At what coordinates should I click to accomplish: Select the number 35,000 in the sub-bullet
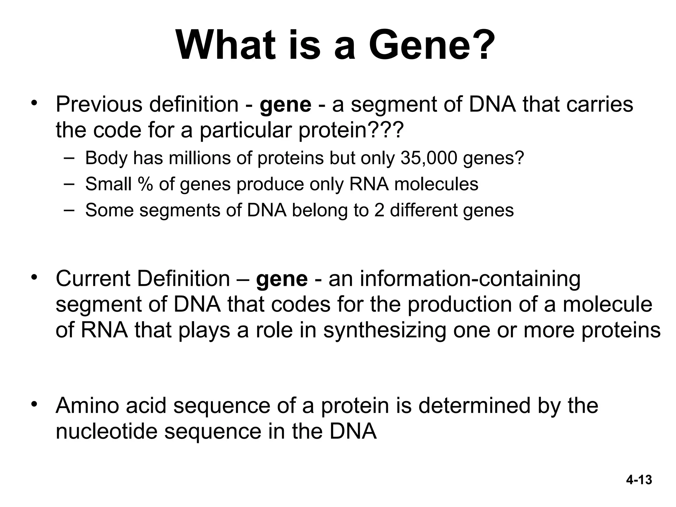pyautogui.click(x=429, y=158)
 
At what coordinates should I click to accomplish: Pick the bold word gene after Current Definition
pyautogui.click(x=282, y=279)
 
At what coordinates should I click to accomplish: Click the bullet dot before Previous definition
pyautogui.click(x=33, y=103)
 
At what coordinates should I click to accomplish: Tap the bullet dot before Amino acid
pyautogui.click(x=33, y=404)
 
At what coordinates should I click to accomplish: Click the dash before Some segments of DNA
pyautogui.click(x=69, y=209)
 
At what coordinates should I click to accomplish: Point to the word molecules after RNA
pyautogui.click(x=436, y=184)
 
